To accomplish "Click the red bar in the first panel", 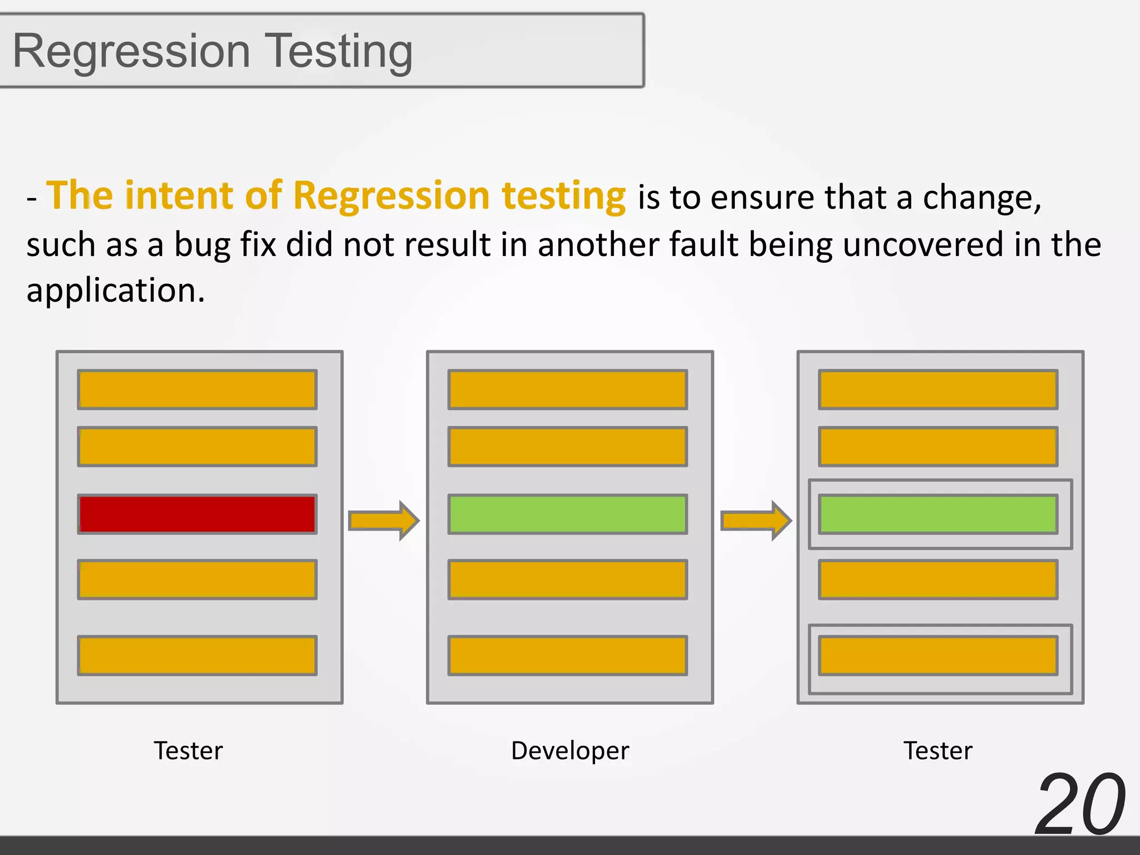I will pos(197,514).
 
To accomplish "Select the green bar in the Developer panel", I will pos(567,514).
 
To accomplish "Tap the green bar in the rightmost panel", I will pos(938,514).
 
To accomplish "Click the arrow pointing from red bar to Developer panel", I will pos(384,520).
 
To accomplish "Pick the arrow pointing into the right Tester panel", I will pos(755,520).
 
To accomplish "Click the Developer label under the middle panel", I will pos(570,750).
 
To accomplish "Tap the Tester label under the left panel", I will pos(188,750).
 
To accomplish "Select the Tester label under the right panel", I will pos(938,750).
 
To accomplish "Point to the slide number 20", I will pos(1080,804).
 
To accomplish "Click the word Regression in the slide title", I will pos(131,52).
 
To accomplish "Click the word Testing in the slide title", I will pos(338,52).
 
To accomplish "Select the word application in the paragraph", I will pos(115,291).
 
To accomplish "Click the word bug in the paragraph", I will pos(202,245).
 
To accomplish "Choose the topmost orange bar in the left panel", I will pos(197,390).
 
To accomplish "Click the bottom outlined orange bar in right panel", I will pos(938,655).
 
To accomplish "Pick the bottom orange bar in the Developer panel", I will pos(567,655).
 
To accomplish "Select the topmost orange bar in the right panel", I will pos(938,390).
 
